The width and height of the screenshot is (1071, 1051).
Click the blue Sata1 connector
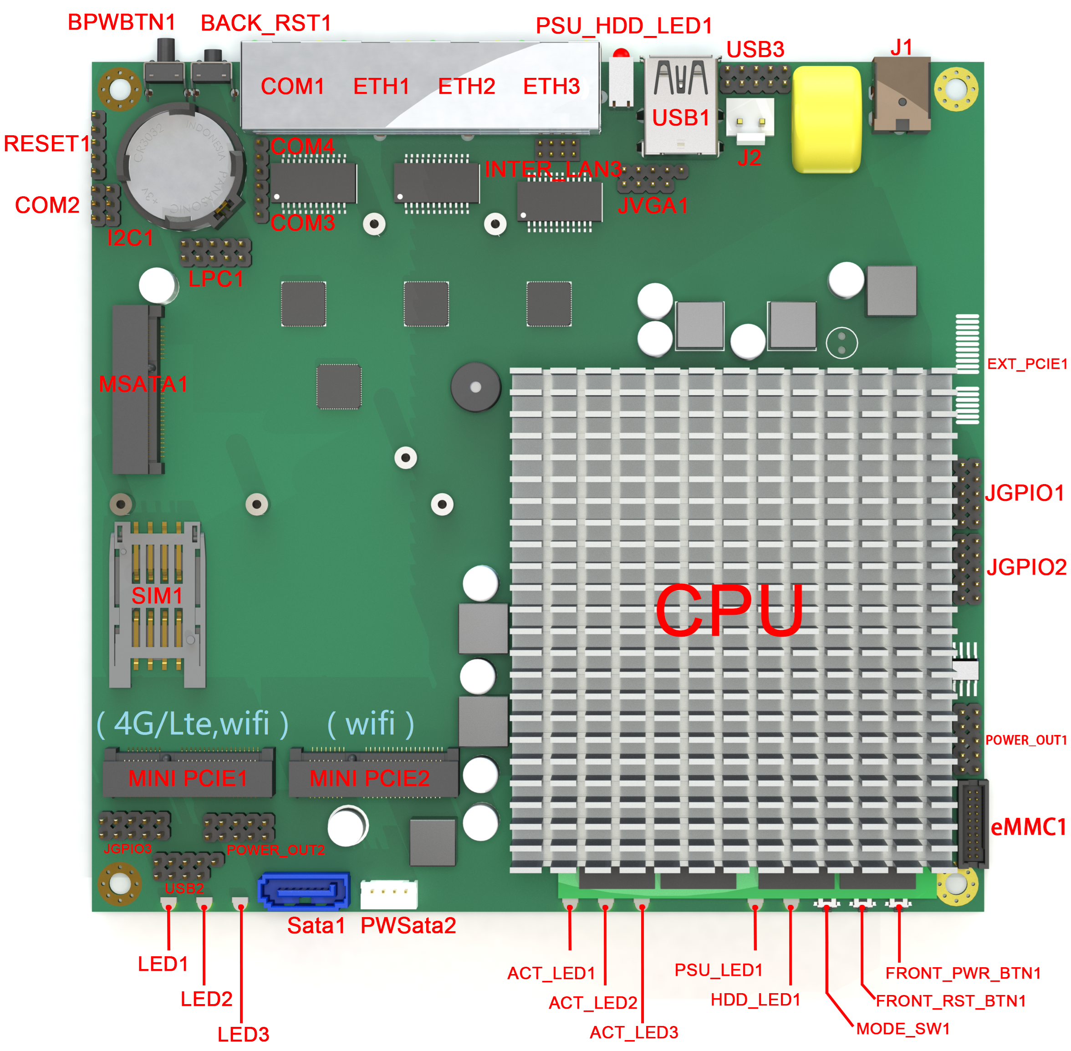tap(304, 890)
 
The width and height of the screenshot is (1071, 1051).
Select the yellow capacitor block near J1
tap(826, 119)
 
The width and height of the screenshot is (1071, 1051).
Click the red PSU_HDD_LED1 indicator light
tap(621, 54)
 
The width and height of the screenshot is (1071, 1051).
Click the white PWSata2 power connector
tap(389, 894)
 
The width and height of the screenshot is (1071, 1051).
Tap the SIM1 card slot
tap(158, 604)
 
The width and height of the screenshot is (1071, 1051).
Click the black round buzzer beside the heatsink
tap(475, 387)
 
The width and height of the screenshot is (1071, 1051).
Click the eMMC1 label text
tap(1028, 827)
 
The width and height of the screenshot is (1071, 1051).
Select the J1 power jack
tap(901, 95)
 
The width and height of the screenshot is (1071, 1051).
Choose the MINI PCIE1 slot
tap(188, 773)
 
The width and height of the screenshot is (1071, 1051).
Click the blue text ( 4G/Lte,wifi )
tap(192, 724)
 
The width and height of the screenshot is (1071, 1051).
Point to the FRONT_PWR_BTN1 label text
tap(963, 973)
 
